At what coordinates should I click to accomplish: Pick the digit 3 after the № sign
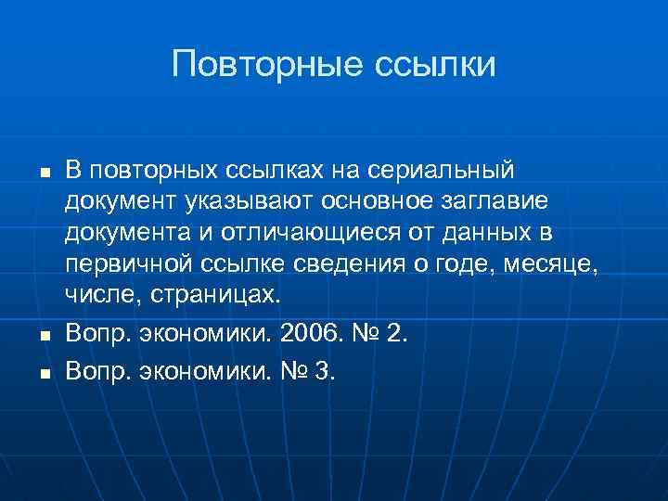tap(327, 371)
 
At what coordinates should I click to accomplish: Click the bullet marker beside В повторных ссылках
tap(44, 173)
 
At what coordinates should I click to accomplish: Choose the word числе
tap(95, 295)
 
